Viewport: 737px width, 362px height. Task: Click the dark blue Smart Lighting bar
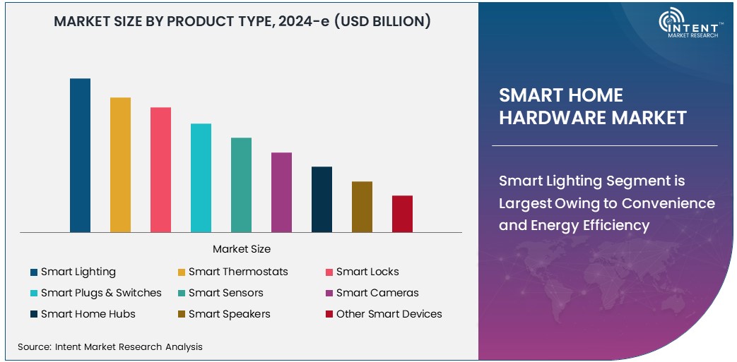(80, 155)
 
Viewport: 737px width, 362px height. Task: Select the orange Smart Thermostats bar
(120, 164)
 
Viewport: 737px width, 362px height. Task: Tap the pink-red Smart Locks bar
(160, 169)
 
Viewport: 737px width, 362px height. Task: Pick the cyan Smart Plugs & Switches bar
(201, 178)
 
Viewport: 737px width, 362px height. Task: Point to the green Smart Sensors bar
(241, 185)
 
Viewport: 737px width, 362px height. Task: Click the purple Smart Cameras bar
(281, 192)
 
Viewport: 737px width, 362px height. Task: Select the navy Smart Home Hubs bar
(322, 199)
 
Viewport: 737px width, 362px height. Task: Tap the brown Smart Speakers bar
(362, 207)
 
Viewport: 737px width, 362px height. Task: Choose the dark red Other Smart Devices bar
(402, 214)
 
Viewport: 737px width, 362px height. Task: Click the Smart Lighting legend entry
(78, 272)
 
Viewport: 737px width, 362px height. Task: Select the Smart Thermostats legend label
(238, 272)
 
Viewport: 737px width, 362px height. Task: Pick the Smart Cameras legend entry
(377, 293)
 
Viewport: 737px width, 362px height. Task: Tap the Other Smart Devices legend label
(389, 314)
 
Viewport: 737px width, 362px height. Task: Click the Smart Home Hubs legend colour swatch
(33, 314)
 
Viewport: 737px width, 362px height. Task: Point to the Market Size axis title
(241, 249)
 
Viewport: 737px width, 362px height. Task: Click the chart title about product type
(242, 22)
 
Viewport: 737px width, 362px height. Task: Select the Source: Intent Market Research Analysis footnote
(110, 346)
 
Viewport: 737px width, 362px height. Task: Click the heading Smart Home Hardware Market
(592, 107)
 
